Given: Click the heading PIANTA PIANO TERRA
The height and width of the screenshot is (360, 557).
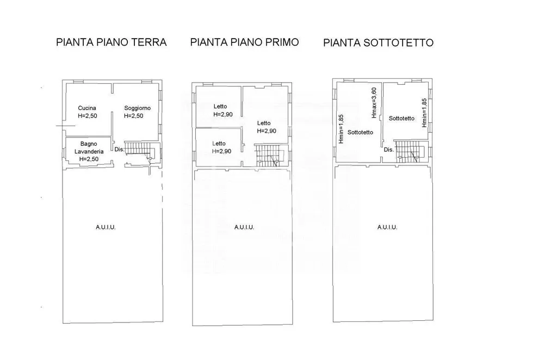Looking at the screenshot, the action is (111, 42).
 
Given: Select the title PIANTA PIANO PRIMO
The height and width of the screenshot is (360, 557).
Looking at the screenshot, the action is (244, 42).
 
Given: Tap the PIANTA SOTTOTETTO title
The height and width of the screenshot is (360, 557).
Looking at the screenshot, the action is (378, 43).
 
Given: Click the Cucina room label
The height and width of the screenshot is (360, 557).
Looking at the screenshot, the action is (87, 108).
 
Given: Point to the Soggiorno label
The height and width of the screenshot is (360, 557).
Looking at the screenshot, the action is (137, 108).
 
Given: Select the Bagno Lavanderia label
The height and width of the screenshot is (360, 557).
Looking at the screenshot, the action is (89, 148).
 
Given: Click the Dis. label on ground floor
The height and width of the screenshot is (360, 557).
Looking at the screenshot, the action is (119, 150).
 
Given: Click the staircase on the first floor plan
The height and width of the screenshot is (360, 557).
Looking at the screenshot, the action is (271, 155).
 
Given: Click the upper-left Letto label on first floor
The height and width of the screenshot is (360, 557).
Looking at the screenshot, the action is (220, 106).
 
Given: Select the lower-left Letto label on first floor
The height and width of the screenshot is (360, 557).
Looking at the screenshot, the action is (219, 144).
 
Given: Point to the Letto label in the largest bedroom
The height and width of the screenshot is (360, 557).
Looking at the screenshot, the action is (264, 123).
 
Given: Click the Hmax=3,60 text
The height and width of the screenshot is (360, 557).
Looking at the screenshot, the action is (374, 103).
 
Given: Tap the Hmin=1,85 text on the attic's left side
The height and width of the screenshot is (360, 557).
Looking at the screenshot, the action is (341, 129).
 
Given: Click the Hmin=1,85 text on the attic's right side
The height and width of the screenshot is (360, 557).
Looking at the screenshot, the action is (424, 113).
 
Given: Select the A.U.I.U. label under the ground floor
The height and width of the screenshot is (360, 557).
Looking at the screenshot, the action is (106, 227).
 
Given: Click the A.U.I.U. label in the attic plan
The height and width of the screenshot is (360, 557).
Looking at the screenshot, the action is (387, 227).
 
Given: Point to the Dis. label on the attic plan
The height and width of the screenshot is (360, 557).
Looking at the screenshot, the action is (389, 150).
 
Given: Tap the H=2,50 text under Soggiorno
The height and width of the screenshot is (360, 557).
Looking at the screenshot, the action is (134, 116).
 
